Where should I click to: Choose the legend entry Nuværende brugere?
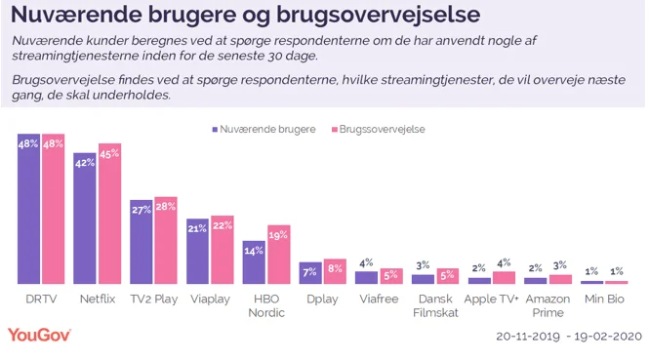(x=263, y=129)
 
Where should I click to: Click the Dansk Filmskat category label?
(x=433, y=305)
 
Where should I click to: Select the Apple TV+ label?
(x=492, y=300)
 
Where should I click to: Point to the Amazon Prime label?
(x=548, y=305)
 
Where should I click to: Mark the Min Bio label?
(x=603, y=300)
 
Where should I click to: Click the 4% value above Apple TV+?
(x=505, y=262)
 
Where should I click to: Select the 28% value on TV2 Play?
(x=165, y=206)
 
